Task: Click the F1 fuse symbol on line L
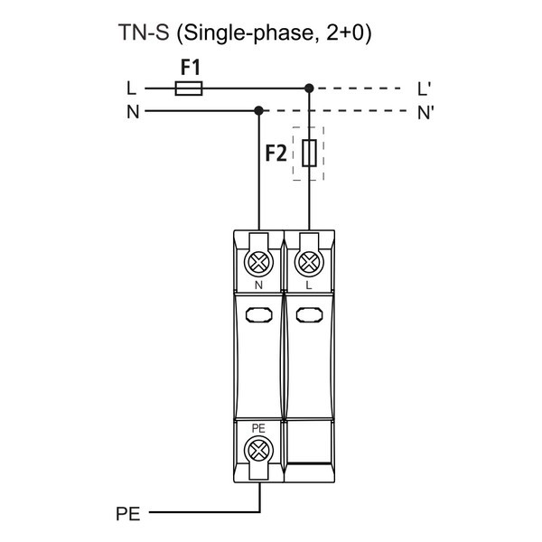click(188, 89)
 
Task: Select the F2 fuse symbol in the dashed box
click(309, 154)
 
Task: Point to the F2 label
click(276, 154)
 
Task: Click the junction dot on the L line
click(309, 89)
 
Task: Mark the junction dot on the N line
click(259, 111)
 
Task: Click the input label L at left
click(132, 89)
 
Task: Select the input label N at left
click(133, 112)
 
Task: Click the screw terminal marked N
click(259, 261)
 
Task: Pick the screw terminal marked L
click(309, 261)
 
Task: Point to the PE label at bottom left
click(128, 515)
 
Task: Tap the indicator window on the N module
click(259, 315)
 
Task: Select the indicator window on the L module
click(309, 315)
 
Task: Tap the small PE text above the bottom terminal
click(259, 427)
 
